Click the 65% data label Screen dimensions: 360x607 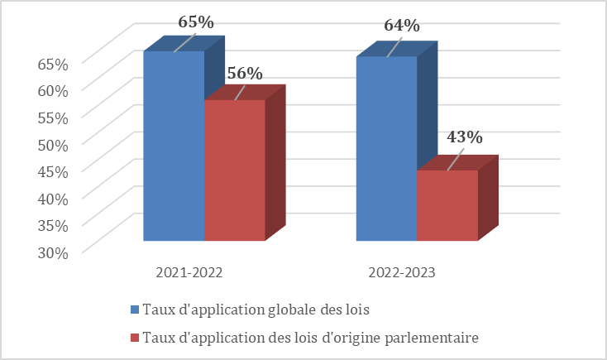(x=196, y=22)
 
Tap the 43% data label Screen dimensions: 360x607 (x=464, y=137)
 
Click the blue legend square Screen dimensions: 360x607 (x=135, y=310)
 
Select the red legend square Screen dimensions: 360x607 (x=135, y=338)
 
